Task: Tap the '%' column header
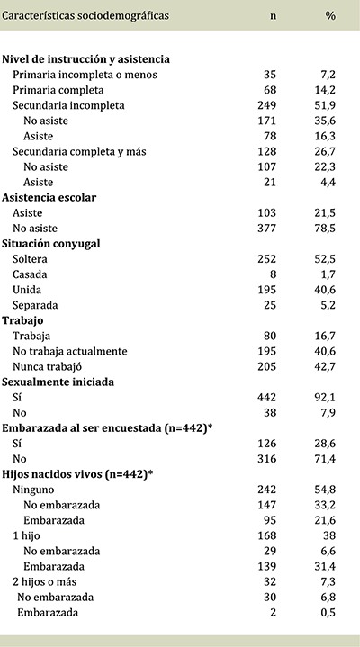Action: [x=330, y=15]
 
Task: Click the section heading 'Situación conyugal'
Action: [x=51, y=243]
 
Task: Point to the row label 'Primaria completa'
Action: [x=58, y=90]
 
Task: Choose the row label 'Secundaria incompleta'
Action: [x=67, y=105]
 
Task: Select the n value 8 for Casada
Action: [x=274, y=274]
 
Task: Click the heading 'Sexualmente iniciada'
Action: [x=59, y=381]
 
